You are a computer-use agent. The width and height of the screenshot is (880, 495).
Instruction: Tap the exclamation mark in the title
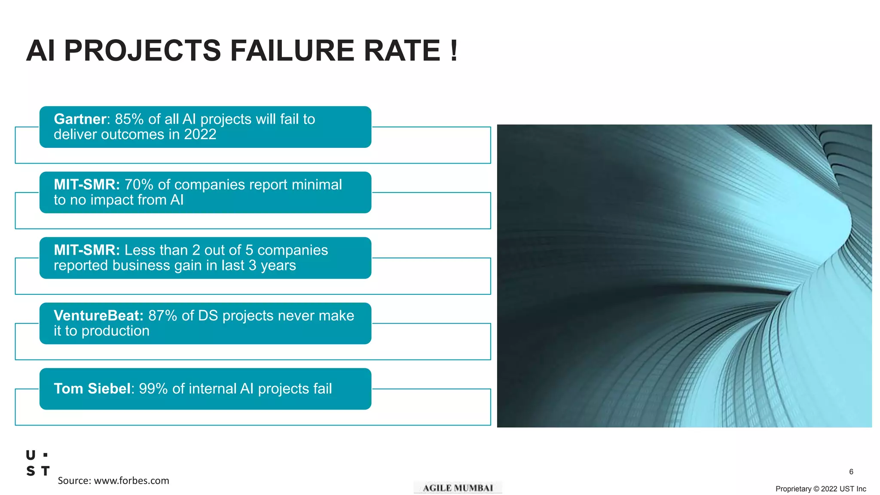pos(454,51)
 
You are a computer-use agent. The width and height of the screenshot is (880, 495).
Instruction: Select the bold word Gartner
pos(80,119)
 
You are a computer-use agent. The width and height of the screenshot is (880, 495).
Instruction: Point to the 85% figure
pos(129,119)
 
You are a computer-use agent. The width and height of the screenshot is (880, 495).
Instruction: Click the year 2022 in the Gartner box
pos(200,134)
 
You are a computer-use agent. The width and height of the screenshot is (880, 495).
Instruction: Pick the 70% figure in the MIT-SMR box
pos(139,185)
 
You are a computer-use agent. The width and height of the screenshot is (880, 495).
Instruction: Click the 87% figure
pos(162,315)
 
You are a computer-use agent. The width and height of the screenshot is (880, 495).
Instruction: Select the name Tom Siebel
pos(92,388)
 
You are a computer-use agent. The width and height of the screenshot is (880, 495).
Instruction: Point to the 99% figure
pos(153,388)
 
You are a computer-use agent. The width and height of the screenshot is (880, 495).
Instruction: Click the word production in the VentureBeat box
pos(115,331)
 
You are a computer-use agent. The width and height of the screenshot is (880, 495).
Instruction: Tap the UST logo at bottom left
pos(38,463)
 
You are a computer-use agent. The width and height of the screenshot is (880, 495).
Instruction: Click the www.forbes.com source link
pos(131,481)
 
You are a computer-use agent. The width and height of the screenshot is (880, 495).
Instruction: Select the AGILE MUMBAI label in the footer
pos(458,488)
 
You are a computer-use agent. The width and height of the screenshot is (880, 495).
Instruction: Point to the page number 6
pos(851,472)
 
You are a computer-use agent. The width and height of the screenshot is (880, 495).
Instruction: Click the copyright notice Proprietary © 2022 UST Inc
pos(820,489)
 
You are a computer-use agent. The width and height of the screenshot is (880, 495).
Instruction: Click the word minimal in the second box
pos(317,185)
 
